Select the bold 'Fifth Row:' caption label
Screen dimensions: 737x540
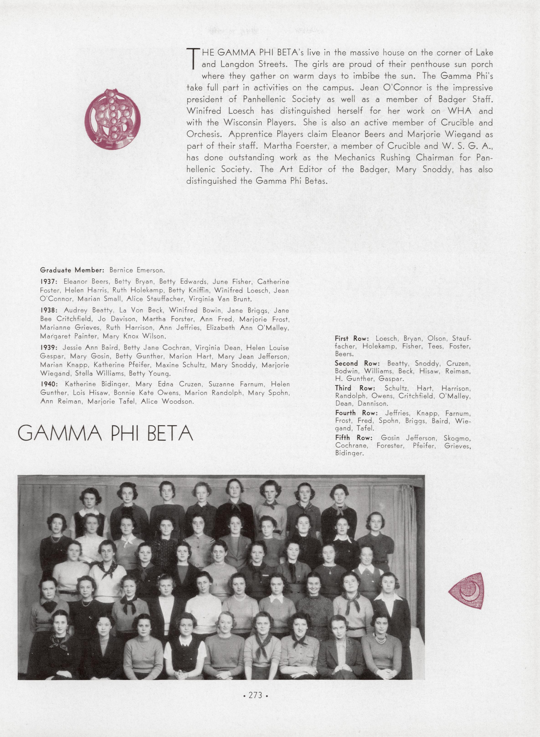[x=354, y=438]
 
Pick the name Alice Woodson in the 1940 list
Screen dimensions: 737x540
[x=167, y=402]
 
